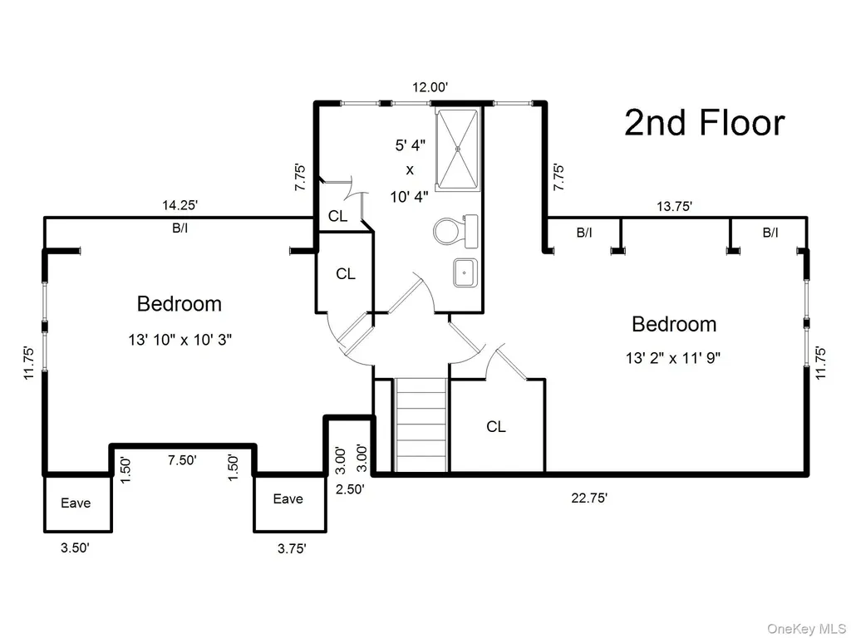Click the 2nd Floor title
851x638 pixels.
click(704, 123)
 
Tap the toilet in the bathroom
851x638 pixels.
click(456, 231)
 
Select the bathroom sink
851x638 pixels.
click(465, 272)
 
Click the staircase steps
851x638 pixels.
click(421, 425)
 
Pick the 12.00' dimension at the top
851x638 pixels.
click(430, 86)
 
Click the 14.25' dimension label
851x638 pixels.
click(180, 205)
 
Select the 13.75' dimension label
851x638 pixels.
click(674, 206)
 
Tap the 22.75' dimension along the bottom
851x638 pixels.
click(589, 498)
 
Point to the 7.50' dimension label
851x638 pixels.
click(182, 460)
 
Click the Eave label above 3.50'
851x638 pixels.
click(76, 503)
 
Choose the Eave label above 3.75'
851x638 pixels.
click(288, 498)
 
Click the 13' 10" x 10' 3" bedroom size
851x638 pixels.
click(180, 340)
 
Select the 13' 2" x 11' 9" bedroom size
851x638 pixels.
click(673, 358)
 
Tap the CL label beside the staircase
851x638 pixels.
click(495, 427)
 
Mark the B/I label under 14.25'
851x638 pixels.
click(180, 228)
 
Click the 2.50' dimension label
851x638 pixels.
click(350, 488)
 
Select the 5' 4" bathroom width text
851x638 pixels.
click(411, 145)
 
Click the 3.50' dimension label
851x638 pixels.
click(75, 547)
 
